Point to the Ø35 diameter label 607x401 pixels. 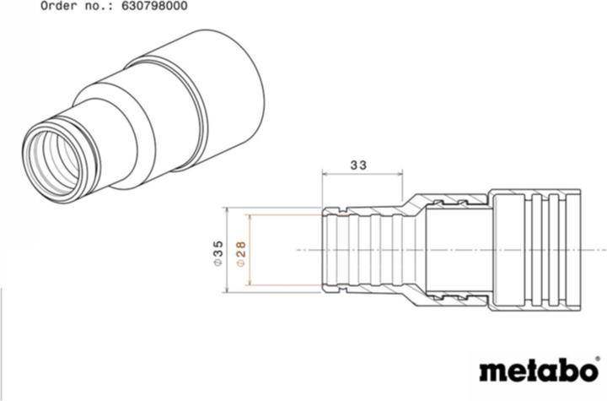point(218,251)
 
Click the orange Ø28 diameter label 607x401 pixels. point(241,251)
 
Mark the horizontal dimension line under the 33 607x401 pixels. point(363,176)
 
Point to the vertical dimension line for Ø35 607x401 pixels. point(228,250)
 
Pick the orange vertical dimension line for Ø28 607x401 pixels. point(250,250)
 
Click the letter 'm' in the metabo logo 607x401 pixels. point(492,372)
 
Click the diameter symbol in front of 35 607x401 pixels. point(218,263)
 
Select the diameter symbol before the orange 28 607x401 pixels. point(241,263)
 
